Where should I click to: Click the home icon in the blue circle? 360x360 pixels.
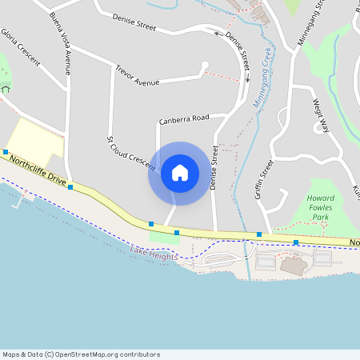point(180,173)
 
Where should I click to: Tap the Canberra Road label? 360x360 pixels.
point(184,119)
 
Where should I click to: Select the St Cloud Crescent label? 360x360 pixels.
point(130,152)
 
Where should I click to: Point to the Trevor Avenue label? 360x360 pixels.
point(137,76)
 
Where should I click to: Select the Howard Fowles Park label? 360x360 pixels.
point(320,206)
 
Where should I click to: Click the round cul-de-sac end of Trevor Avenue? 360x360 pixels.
point(205,65)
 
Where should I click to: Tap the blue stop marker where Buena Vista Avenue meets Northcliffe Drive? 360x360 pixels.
point(70,187)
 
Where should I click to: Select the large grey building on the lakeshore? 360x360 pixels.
point(292,266)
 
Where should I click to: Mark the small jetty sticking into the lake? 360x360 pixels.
point(17,201)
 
